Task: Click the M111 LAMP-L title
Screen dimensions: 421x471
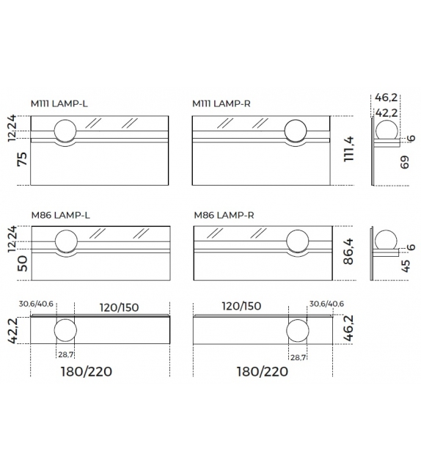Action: coord(59,103)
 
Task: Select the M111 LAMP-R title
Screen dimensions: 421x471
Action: coord(222,103)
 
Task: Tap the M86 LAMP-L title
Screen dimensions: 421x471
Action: coord(60,215)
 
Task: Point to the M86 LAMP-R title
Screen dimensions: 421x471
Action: coord(224,215)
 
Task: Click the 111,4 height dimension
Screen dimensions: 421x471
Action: coord(349,149)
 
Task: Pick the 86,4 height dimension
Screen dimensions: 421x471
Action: coord(348,252)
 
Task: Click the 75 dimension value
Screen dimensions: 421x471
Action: coord(23,159)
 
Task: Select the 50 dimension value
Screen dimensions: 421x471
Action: coord(23,263)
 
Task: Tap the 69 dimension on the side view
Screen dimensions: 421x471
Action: coord(405,162)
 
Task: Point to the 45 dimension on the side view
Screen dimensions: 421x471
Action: coord(405,266)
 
